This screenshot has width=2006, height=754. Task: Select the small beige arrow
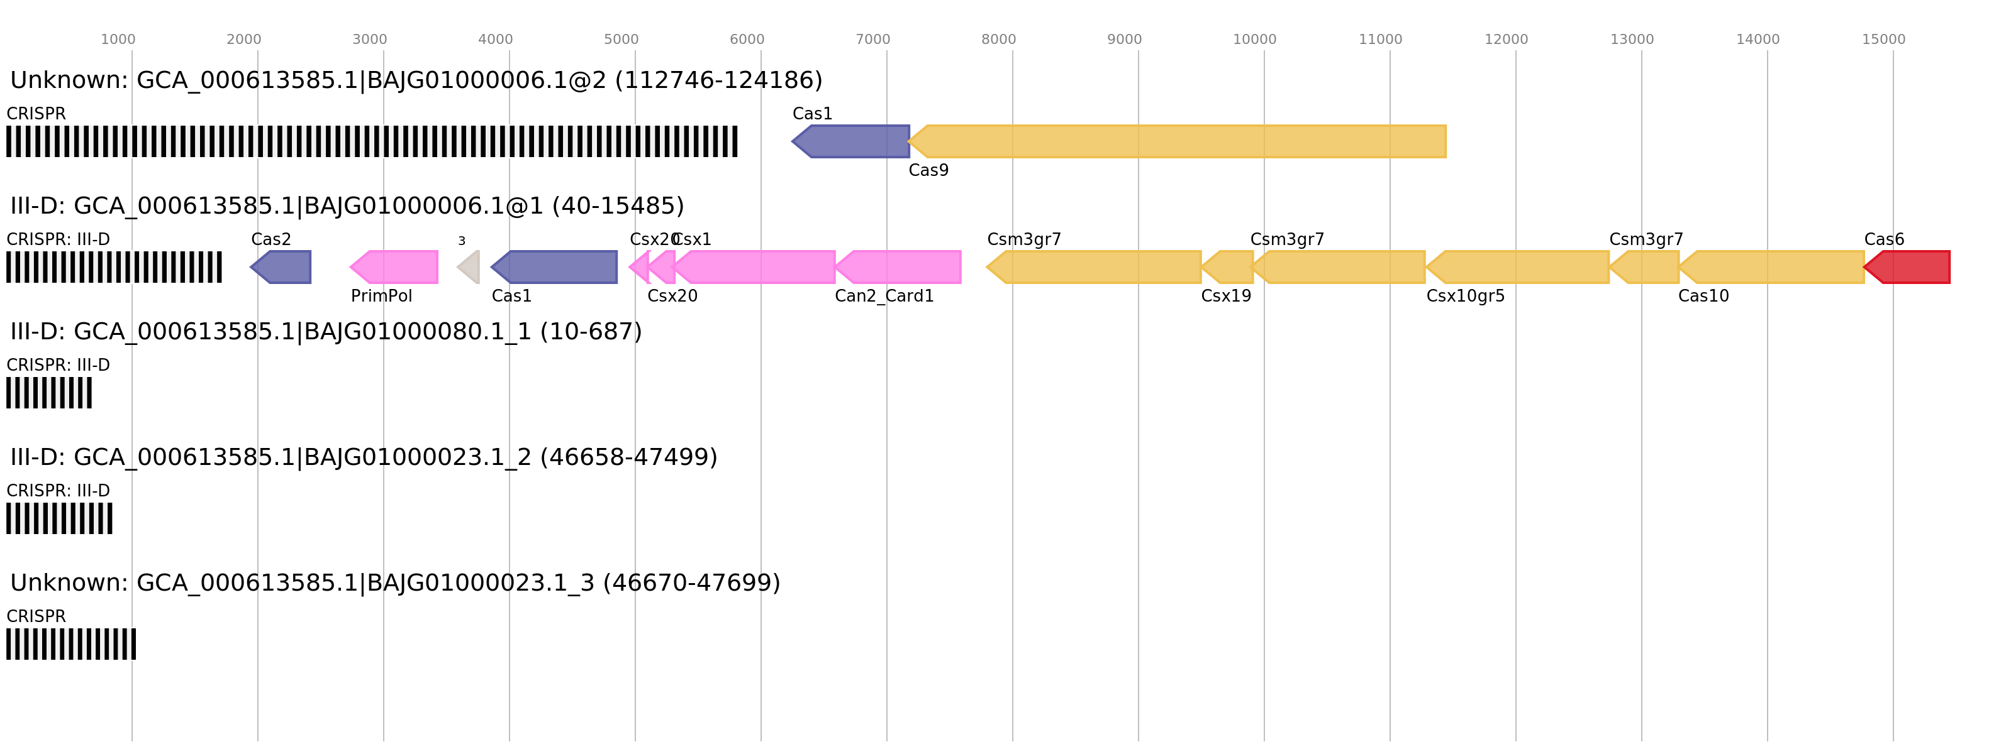point(469,267)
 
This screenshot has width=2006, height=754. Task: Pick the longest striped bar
point(372,141)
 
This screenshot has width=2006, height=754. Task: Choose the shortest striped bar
point(49,393)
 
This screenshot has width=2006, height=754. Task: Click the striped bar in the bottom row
point(71,644)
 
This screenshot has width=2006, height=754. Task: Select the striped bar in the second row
point(114,267)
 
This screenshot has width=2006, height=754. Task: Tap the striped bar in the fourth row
point(59,518)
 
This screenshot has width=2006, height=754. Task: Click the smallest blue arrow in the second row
point(282,267)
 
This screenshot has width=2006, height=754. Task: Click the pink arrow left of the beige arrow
point(395,267)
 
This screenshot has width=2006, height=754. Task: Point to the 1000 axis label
point(118,39)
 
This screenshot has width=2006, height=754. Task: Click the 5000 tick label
point(621,39)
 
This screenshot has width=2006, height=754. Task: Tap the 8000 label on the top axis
point(998,39)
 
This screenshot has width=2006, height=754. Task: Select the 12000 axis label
point(1505,39)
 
